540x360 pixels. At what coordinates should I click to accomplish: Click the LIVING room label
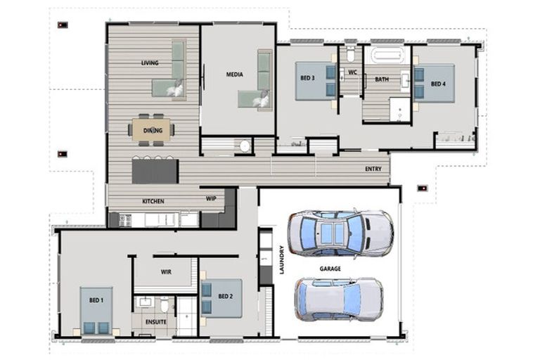click(149, 63)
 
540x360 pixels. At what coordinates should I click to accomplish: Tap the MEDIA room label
click(234, 74)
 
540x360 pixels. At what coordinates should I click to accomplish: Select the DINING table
click(153, 130)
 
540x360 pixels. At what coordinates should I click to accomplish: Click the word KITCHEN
click(153, 202)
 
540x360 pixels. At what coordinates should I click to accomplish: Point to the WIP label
click(211, 198)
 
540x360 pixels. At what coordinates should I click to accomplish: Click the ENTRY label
click(373, 169)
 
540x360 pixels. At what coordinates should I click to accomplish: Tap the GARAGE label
click(330, 269)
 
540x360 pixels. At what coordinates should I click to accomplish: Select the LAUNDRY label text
click(282, 259)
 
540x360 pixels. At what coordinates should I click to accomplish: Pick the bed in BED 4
click(434, 83)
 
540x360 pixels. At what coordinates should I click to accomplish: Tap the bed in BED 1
click(96, 309)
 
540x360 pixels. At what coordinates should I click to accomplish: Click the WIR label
click(166, 271)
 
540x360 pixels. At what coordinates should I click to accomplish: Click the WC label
click(352, 72)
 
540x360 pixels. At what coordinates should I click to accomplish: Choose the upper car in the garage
click(340, 232)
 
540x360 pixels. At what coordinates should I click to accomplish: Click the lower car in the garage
click(338, 299)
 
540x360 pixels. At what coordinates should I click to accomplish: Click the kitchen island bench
click(155, 170)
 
